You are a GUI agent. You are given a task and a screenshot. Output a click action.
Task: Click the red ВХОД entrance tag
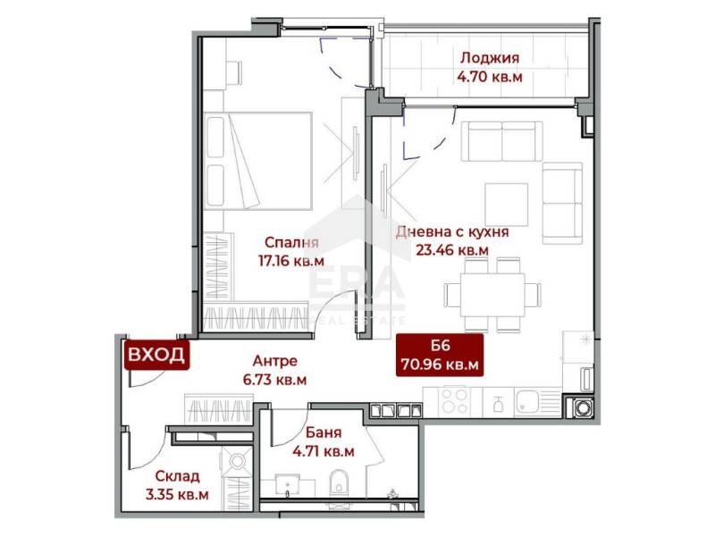(156, 355)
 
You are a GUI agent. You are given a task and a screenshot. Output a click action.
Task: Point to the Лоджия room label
(489, 68)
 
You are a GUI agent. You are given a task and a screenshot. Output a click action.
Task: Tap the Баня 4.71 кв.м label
(324, 443)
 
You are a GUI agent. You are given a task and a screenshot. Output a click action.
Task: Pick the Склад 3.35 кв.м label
(179, 485)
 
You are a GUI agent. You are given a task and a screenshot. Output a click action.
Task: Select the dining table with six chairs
(492, 293)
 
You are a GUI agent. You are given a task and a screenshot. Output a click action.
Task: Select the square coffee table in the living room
(506, 205)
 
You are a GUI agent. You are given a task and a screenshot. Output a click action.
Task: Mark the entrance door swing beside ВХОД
(140, 379)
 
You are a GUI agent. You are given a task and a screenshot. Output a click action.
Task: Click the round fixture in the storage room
(239, 462)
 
